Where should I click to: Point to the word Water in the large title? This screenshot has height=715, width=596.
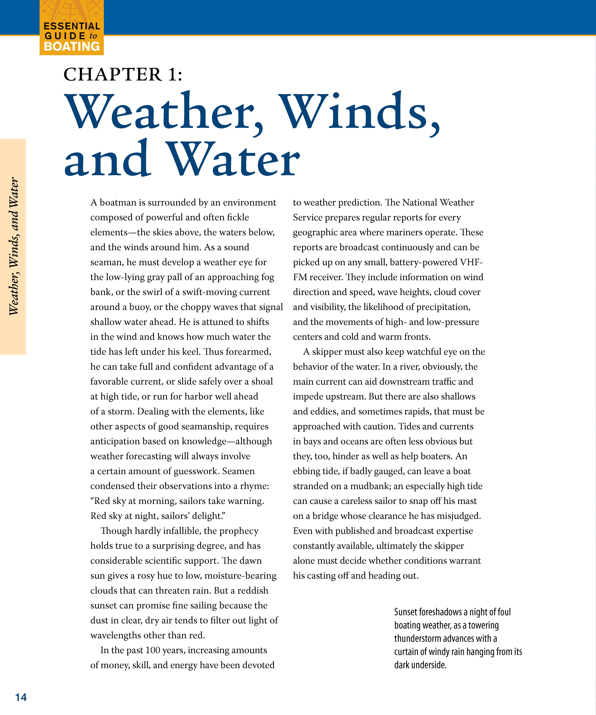pyautogui.click(x=234, y=159)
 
